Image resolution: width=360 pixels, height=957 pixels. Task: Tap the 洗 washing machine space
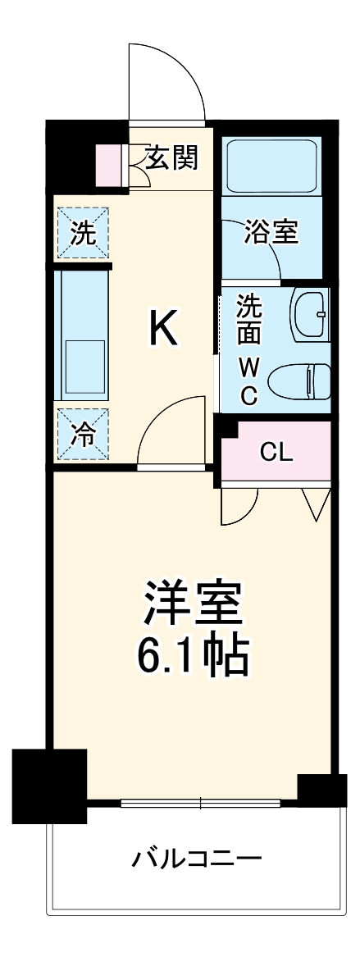pyautogui.click(x=82, y=233)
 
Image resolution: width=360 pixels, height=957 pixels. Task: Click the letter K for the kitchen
pyautogui.click(x=162, y=330)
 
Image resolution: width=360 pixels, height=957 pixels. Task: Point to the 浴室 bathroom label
pyautogui.click(x=271, y=232)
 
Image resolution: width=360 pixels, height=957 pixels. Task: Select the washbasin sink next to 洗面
pyautogui.click(x=311, y=313)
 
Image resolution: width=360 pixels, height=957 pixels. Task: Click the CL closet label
pyautogui.click(x=276, y=451)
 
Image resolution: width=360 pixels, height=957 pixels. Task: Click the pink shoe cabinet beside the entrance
pyautogui.click(x=107, y=165)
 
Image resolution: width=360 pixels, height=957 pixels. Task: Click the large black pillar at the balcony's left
pyautogui.click(x=49, y=785)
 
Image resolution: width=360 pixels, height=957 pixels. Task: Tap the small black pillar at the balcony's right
pyautogui.click(x=321, y=789)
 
